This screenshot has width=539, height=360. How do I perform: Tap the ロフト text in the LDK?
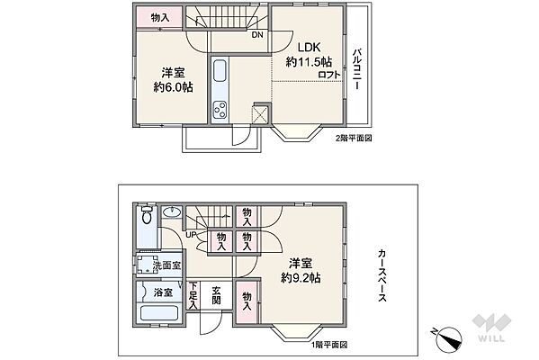(329, 76)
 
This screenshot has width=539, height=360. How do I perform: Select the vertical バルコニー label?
(356, 67)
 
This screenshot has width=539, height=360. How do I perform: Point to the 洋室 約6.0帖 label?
(173, 81)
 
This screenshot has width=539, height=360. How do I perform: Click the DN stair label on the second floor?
(257, 36)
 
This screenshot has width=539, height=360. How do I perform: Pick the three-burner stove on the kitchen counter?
(219, 112)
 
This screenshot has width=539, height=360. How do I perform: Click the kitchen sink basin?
(220, 71)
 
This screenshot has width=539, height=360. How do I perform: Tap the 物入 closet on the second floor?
(159, 18)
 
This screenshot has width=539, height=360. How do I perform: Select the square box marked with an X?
(260, 115)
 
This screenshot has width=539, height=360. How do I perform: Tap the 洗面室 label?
(166, 265)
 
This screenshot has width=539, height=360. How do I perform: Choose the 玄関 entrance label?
(216, 296)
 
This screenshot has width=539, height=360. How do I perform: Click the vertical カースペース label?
(382, 276)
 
